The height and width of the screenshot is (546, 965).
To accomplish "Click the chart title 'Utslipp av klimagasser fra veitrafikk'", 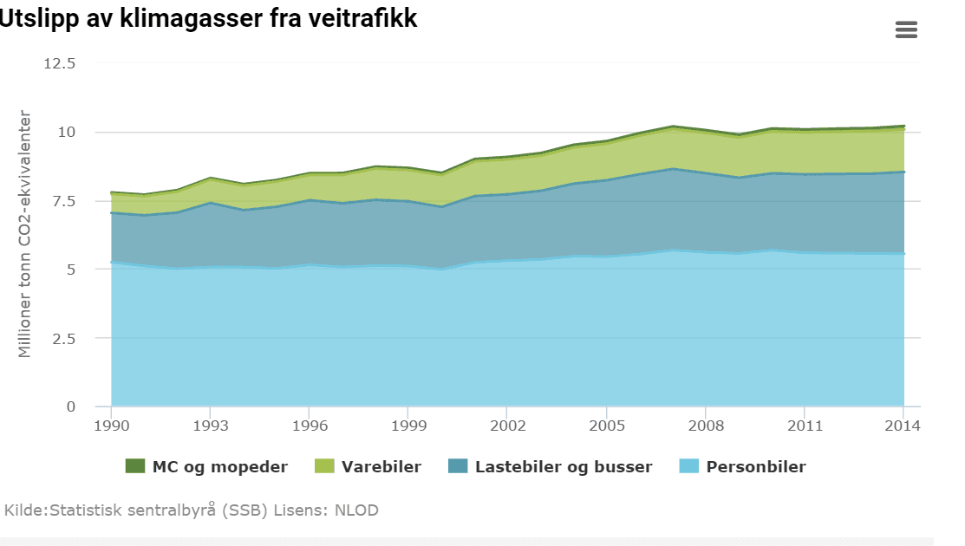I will pos(208,19).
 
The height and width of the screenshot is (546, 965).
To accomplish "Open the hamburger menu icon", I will pos(905,30).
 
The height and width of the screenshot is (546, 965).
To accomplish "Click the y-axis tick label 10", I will pos(68,133).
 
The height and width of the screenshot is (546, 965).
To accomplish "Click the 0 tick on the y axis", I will pos(71,406).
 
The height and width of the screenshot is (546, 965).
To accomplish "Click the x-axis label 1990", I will pos(111,426).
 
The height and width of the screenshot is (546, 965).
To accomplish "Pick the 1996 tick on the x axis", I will pos(309,426).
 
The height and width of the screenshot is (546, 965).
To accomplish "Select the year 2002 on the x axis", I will pos(506,426).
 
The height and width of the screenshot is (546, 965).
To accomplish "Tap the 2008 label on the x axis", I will pos(705,426).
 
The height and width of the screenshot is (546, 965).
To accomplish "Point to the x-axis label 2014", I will pos(903,426).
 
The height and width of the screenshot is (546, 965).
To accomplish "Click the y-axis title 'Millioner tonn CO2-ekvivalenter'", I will pos(25,234).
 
